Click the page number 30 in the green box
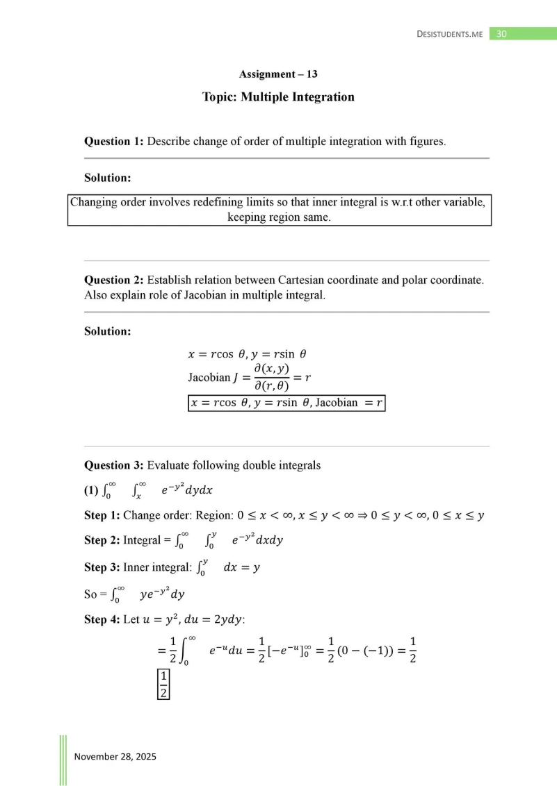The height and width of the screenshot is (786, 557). tap(501, 33)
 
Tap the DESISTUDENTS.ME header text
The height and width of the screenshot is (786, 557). tap(449, 34)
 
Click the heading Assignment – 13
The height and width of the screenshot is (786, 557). tap(278, 74)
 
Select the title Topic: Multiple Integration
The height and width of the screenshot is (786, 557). tap(278, 97)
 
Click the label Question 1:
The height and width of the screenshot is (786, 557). tap(114, 141)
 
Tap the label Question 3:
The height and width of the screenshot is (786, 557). tap(114, 465)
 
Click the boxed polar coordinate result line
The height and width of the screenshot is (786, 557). tap(286, 403)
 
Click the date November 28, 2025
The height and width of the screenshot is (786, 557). tap(115, 756)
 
